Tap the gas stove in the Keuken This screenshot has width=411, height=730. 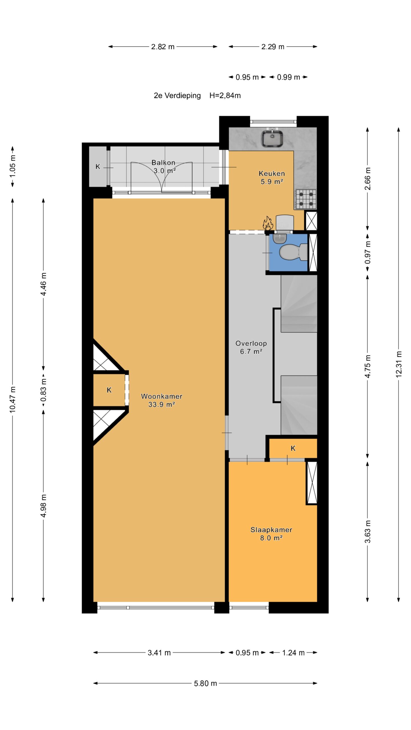click(306, 199)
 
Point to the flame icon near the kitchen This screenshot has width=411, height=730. click(268, 223)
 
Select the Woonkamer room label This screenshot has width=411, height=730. click(162, 396)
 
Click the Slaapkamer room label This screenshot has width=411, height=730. click(271, 530)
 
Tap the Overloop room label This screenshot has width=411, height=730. click(251, 343)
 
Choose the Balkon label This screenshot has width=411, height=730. click(163, 163)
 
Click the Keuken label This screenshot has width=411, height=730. click(272, 173)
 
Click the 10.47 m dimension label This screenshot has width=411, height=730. click(13, 400)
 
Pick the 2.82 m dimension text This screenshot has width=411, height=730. click(163, 47)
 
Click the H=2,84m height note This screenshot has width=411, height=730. click(225, 96)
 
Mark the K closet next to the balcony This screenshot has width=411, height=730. click(98, 167)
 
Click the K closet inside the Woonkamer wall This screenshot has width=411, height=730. click(109, 390)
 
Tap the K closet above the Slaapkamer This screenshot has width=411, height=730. click(293, 448)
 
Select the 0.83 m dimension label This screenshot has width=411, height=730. click(44, 390)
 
